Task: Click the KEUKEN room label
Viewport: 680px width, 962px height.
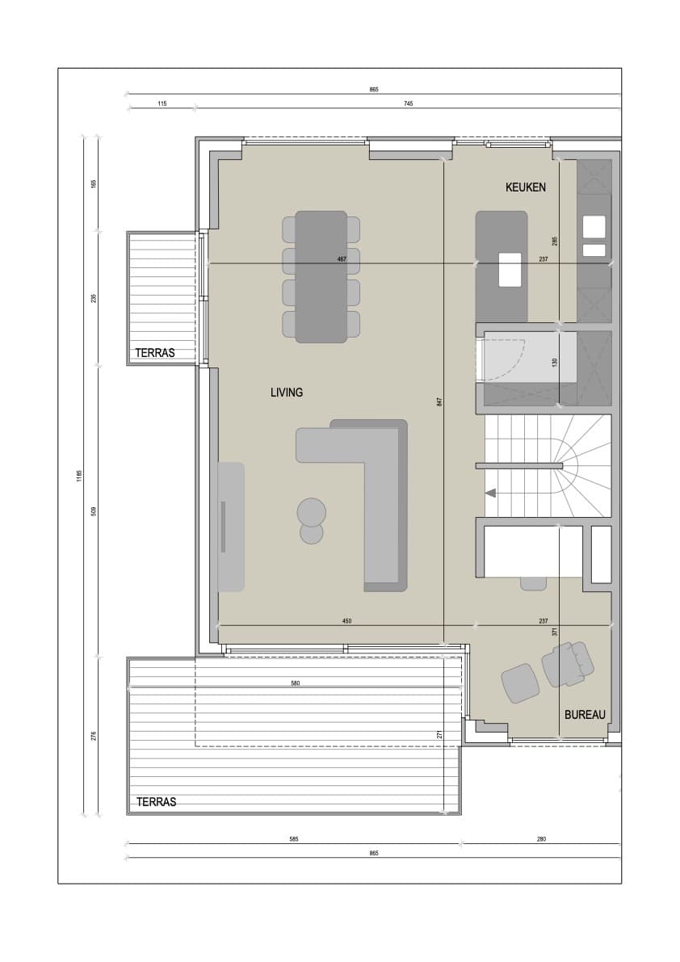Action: [x=525, y=187]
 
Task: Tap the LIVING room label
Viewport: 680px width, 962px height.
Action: [x=287, y=392]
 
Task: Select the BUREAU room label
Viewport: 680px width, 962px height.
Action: [x=585, y=715]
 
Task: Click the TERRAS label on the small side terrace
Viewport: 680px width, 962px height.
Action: [x=155, y=353]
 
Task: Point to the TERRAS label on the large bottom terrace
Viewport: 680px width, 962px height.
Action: [x=157, y=802]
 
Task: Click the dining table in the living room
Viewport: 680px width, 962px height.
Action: [x=321, y=277]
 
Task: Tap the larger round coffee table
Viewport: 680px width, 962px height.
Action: [x=312, y=511]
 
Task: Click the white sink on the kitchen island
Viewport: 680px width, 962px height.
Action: [x=510, y=269]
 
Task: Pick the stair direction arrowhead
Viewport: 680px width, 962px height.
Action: [x=490, y=493]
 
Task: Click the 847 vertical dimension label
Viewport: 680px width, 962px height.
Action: [x=439, y=402]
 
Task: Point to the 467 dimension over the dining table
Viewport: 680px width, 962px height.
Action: [x=342, y=259]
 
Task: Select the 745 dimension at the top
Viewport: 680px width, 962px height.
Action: [x=409, y=103]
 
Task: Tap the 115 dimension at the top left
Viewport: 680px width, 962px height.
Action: [x=162, y=103]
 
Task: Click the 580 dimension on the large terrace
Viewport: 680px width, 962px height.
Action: [x=296, y=683]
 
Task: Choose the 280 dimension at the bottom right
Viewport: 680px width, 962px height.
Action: [x=541, y=838]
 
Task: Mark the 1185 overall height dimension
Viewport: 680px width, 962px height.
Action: [x=79, y=477]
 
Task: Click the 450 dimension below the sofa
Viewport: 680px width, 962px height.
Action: [x=347, y=621]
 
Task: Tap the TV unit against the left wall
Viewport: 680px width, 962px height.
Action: [x=231, y=527]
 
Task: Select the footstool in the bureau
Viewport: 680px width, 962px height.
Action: [x=521, y=683]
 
